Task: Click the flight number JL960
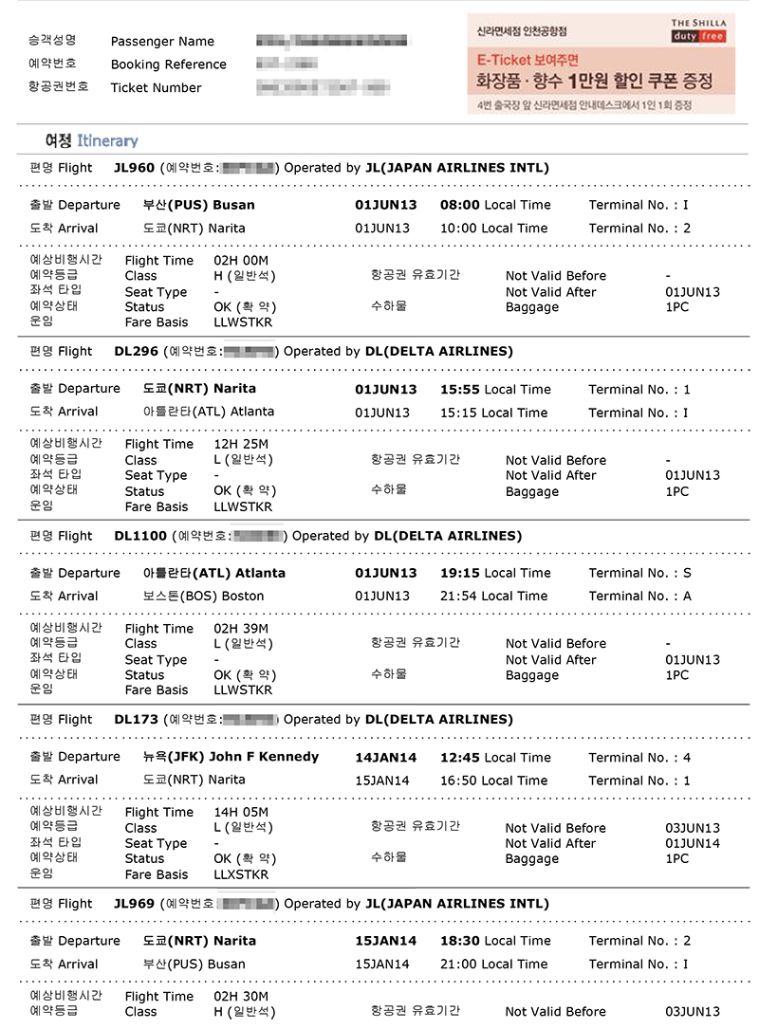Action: (133, 168)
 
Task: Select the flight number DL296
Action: (136, 351)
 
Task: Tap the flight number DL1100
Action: (139, 536)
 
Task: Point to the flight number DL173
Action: (136, 719)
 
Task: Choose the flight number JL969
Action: (133, 904)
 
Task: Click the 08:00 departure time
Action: (460, 205)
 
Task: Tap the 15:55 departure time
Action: (460, 389)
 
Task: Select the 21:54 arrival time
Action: (459, 597)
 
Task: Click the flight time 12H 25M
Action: (242, 444)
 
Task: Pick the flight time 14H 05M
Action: (242, 813)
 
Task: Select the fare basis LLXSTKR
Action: (242, 874)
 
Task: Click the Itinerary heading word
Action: (107, 140)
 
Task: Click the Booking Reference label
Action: (168, 64)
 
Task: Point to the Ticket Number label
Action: (156, 88)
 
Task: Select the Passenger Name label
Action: (162, 41)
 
